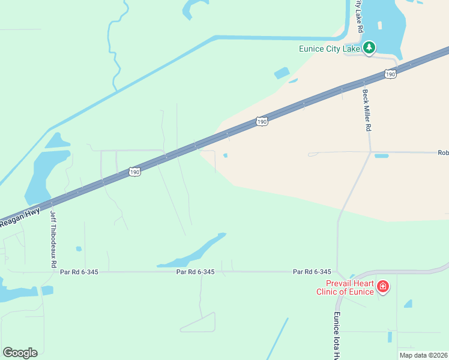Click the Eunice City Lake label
(x=330, y=49)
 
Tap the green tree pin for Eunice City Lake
(x=369, y=47)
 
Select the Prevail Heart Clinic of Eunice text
(x=350, y=287)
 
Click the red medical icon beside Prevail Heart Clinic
(x=383, y=288)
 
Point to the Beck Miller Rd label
(x=367, y=110)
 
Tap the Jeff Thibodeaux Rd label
(x=53, y=239)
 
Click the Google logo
(x=20, y=352)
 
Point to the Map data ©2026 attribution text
(x=423, y=355)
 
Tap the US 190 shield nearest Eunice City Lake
(x=390, y=74)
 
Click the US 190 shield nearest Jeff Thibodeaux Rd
(x=134, y=172)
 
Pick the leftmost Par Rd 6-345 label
(x=79, y=272)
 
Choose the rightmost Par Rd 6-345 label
(x=312, y=272)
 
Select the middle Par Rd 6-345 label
(x=196, y=272)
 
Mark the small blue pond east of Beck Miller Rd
(x=381, y=156)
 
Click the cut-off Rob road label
(x=443, y=152)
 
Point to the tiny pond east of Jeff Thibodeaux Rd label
(x=79, y=248)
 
